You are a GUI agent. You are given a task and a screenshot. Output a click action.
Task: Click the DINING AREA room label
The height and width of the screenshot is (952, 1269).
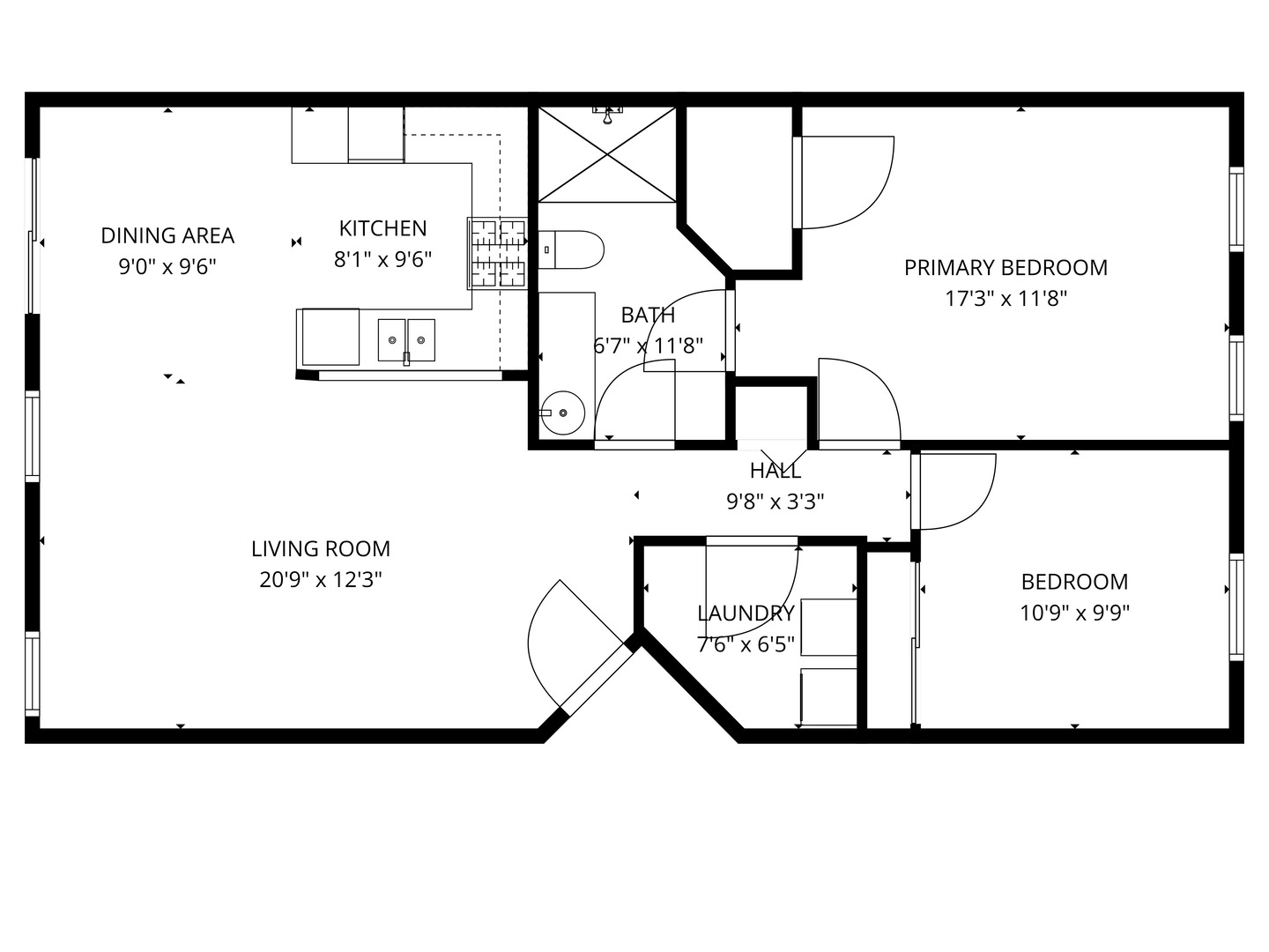tap(167, 235)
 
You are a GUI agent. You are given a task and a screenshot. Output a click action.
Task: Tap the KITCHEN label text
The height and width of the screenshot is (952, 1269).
tap(382, 228)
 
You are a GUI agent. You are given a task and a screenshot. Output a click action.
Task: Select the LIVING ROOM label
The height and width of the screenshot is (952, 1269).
tap(321, 548)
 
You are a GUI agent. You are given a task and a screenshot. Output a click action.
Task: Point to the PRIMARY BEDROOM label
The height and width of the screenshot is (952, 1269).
tap(1006, 267)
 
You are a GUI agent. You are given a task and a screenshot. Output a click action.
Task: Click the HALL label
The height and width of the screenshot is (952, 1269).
tap(775, 471)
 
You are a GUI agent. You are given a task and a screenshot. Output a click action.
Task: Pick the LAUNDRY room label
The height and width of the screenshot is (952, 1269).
tap(746, 614)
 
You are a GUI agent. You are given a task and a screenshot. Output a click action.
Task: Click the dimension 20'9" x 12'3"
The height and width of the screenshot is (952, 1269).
tap(321, 580)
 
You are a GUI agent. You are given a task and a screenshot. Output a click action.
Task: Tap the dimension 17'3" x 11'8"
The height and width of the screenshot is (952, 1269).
tap(1006, 299)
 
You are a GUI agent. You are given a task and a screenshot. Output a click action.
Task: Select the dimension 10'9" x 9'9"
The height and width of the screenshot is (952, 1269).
tap(1074, 613)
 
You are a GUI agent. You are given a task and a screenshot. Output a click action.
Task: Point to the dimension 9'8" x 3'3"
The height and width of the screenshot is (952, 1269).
tap(775, 502)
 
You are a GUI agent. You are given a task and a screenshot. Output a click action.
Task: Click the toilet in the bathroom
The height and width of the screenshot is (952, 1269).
tap(570, 249)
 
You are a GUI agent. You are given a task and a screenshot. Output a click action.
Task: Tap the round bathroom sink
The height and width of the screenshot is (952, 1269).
tap(561, 413)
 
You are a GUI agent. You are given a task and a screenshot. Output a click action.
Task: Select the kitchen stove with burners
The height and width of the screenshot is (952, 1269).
tap(497, 254)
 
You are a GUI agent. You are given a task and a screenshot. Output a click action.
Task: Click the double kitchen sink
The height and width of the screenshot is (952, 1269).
tap(406, 339)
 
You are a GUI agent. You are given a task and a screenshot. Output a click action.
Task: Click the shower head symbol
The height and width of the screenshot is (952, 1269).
tap(607, 113)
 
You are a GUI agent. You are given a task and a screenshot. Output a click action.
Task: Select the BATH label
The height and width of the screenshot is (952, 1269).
tap(648, 315)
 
